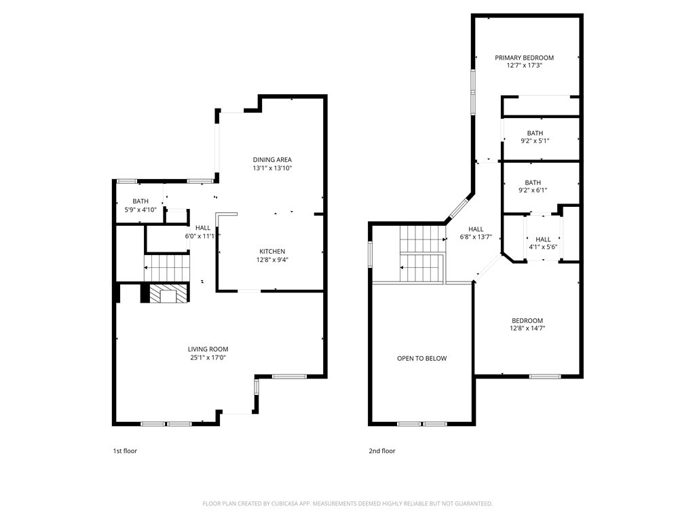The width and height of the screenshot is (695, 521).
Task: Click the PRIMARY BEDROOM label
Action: tap(524, 58)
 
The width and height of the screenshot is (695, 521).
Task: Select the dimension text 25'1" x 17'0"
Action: tap(208, 358)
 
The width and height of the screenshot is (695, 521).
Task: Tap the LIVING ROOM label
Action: tap(208, 349)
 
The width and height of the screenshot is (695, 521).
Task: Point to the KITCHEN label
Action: tap(271, 252)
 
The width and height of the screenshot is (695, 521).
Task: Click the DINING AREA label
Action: tap(272, 160)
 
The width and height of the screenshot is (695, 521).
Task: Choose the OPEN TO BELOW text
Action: tap(421, 358)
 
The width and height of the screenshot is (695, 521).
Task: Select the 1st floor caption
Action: tap(125, 451)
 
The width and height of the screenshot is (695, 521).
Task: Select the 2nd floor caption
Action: tap(382, 451)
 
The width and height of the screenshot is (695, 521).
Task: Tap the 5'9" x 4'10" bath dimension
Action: tap(140, 210)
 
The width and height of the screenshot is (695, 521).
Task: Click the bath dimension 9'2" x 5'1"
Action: tap(535, 141)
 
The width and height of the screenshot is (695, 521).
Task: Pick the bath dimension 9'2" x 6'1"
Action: tap(533, 191)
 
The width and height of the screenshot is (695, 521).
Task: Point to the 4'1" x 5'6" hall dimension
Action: tap(543, 248)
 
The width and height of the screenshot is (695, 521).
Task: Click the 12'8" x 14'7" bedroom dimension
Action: tap(527, 328)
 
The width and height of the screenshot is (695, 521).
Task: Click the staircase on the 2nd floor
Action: tap(421, 254)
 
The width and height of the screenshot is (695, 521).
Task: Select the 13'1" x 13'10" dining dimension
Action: tap(272, 168)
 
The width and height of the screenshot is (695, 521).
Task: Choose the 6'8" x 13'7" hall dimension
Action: tap(476, 237)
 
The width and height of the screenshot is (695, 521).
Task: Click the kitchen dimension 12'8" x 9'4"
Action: tap(271, 260)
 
